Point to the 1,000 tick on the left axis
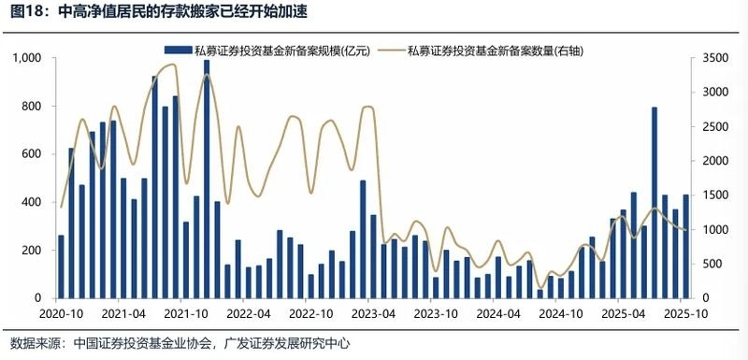click(x=29, y=58)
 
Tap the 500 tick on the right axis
click(x=711, y=265)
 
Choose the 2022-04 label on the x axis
click(x=250, y=314)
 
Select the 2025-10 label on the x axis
click(x=684, y=314)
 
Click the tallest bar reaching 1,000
click(x=207, y=178)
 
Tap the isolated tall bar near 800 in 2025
click(x=654, y=202)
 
